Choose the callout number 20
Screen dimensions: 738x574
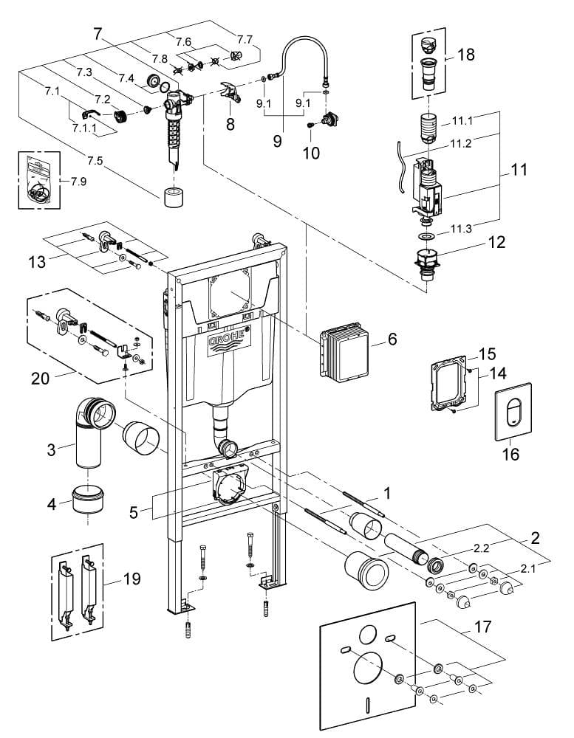point(40,378)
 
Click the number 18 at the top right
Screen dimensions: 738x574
point(465,54)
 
